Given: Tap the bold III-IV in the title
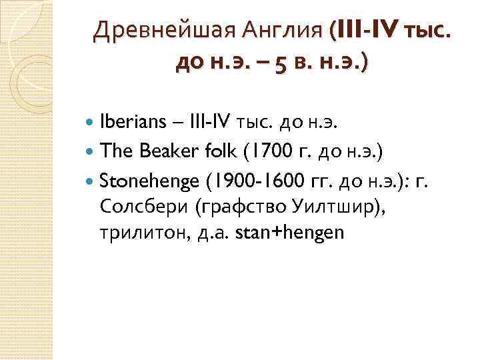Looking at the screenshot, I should (367, 31).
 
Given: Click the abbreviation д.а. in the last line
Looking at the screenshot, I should (217, 233).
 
